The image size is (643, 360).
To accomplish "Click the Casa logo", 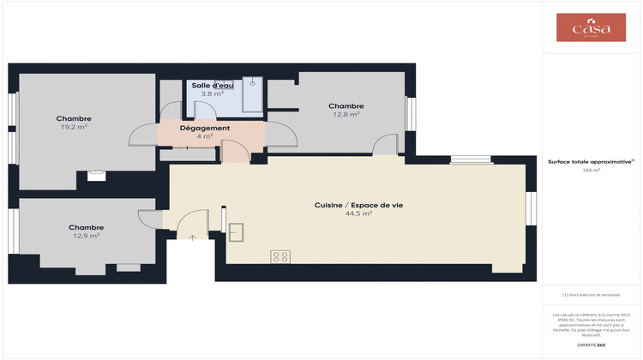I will (x=592, y=27).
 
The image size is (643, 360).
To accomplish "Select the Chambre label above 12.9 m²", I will (x=86, y=227).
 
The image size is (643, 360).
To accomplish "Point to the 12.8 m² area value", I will (x=346, y=114).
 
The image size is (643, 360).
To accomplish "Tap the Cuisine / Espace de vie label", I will (x=358, y=205).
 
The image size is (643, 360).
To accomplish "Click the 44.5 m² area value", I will (x=358, y=213).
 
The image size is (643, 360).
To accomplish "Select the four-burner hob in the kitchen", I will (x=280, y=255).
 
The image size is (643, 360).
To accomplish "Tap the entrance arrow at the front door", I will (x=193, y=237).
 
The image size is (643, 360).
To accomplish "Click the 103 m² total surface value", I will (x=591, y=171).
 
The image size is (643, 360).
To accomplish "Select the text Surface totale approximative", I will (x=590, y=161).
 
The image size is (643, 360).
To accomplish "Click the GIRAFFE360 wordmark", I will (x=591, y=343).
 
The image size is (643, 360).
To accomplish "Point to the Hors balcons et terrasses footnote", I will (x=591, y=294).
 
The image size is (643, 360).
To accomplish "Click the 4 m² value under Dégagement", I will (x=204, y=136).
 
